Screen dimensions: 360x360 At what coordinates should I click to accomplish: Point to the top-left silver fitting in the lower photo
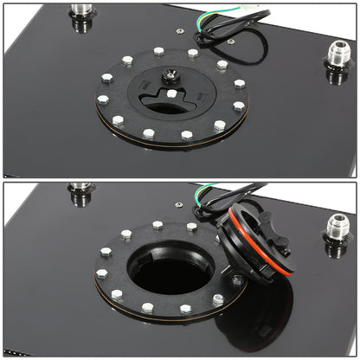(80, 190)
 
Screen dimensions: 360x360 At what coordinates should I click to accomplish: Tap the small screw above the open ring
(178, 205)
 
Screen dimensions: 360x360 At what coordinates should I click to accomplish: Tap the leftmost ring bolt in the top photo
(103, 100)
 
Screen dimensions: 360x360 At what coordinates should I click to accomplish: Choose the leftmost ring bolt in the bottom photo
(102, 273)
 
